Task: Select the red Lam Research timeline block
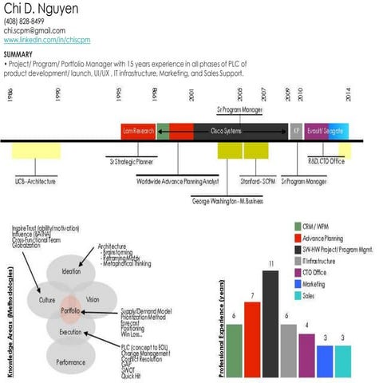[x=138, y=129]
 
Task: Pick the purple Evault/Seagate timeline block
[x=326, y=129]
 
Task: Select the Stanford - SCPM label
[x=258, y=182]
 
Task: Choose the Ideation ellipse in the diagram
[x=71, y=271]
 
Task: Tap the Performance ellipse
[x=71, y=361]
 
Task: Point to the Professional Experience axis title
[x=223, y=328]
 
